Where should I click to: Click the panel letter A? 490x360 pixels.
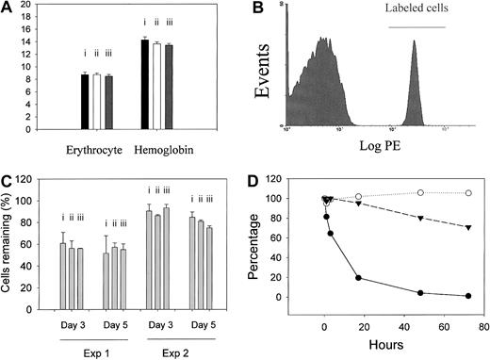[x=7, y=9]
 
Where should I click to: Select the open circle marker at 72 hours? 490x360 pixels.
[x=468, y=193]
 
